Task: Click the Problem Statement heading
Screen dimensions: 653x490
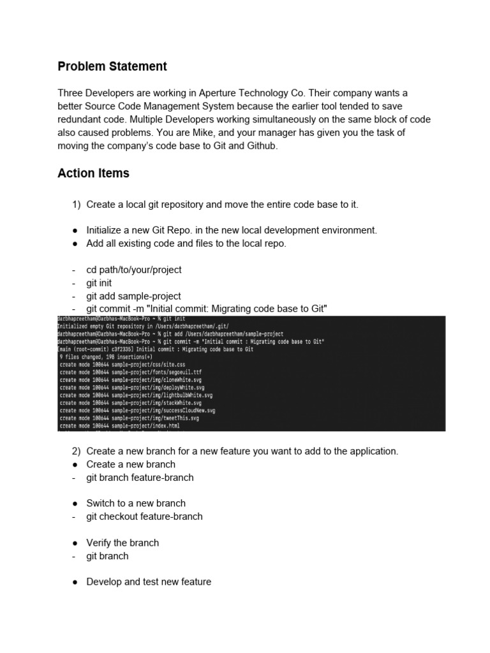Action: [112, 66]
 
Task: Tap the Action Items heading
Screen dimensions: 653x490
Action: [93, 173]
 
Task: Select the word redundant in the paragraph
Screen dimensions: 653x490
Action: [80, 119]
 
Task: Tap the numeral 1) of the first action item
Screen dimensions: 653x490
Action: [76, 204]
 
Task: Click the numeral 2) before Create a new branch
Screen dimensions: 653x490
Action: [76, 451]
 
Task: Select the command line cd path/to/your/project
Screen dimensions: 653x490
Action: [134, 270]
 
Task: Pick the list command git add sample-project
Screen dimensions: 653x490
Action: [134, 296]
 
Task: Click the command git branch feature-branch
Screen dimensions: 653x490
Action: [140, 477]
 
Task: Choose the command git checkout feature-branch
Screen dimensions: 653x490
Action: [144, 516]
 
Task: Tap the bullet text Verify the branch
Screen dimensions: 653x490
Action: [122, 543]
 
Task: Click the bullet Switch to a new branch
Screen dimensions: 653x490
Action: [136, 503]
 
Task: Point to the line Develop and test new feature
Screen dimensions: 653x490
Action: [149, 582]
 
